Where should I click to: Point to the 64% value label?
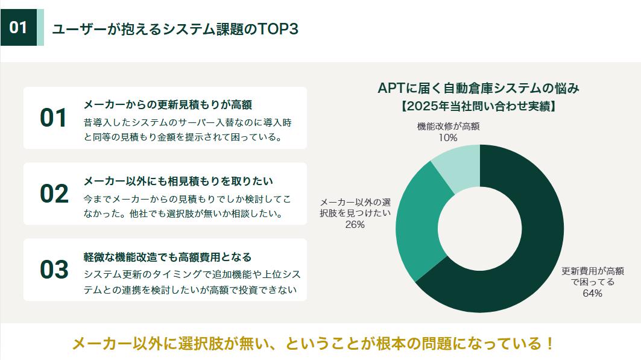point(592,294)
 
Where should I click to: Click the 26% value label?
point(355,224)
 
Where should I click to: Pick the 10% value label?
point(448,137)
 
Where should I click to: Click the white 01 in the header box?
point(19,27)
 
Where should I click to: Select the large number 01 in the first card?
point(53,118)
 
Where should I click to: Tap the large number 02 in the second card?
point(54,194)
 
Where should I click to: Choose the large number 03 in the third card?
point(54,270)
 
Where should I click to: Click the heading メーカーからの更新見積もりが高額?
point(168,105)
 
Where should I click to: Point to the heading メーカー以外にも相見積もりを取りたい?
point(178,181)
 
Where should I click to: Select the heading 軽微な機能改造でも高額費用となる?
point(168,257)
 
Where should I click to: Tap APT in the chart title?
point(391,88)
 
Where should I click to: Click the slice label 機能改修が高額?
point(449,126)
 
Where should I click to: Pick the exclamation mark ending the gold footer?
point(550,344)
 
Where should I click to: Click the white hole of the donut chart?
point(480,229)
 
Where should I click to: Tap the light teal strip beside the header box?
point(40,27)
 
